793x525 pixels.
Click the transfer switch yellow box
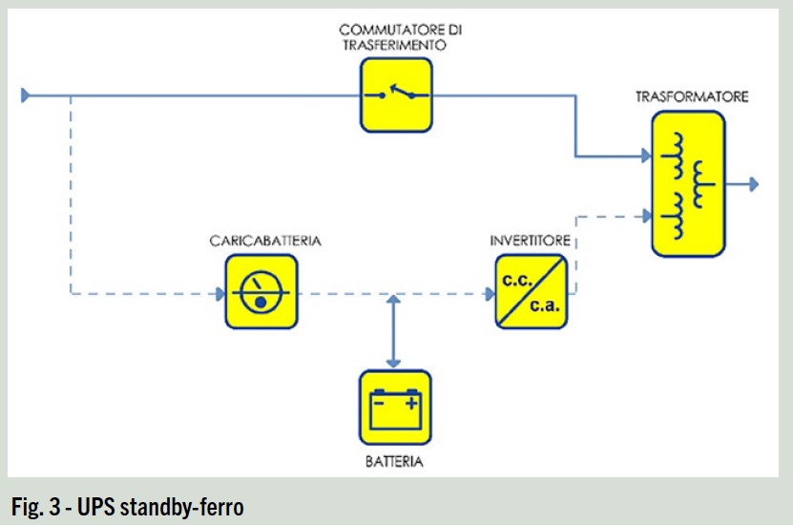396,94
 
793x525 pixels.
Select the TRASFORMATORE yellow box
688,183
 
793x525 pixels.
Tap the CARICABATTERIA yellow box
261,291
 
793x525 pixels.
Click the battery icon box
394,409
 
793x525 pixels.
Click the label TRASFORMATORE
692,97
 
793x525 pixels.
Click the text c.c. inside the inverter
515,278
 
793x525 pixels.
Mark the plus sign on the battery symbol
411,403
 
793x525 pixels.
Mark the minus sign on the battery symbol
379,403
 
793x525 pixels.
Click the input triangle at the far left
27,94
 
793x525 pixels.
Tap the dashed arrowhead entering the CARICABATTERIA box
219,294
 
